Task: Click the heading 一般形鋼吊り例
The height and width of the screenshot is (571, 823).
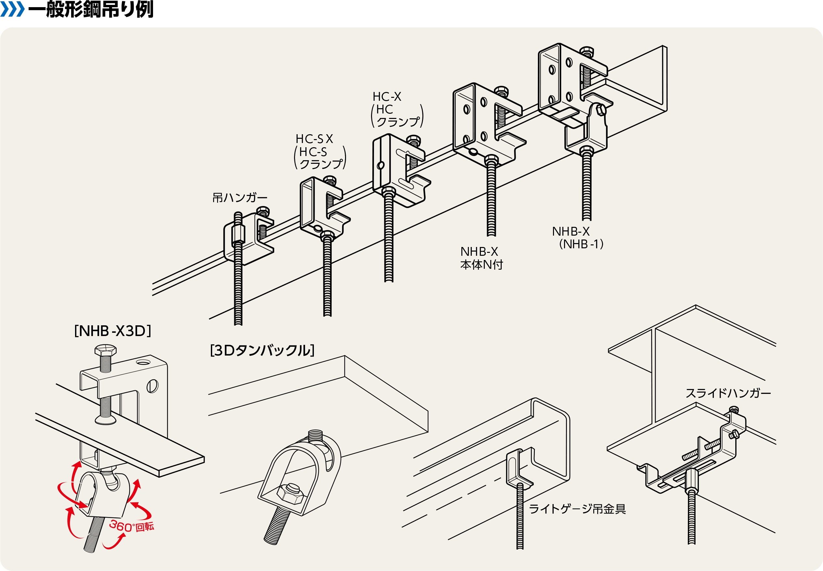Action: click(x=91, y=9)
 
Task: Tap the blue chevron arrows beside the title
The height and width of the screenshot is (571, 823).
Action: click(x=13, y=9)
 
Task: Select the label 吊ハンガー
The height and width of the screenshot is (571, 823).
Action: click(x=240, y=198)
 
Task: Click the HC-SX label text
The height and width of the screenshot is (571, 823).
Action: click(x=314, y=139)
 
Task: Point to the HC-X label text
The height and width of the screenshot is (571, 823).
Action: click(x=387, y=97)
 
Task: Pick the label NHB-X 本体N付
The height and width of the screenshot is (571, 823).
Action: click(x=481, y=258)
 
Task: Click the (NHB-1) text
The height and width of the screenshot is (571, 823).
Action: click(x=581, y=244)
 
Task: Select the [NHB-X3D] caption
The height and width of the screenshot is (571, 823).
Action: click(x=113, y=331)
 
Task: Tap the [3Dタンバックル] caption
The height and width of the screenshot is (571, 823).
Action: click(x=262, y=350)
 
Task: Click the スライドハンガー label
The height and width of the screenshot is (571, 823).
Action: click(x=728, y=393)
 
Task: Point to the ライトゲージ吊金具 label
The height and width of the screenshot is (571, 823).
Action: click(x=577, y=509)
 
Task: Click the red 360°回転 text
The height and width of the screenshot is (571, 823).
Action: click(x=132, y=526)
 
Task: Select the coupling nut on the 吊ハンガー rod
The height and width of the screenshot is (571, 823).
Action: click(x=238, y=234)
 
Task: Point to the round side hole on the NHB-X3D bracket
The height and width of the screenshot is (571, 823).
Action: click(x=152, y=386)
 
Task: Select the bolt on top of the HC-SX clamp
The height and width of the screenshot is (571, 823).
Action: click(x=329, y=180)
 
